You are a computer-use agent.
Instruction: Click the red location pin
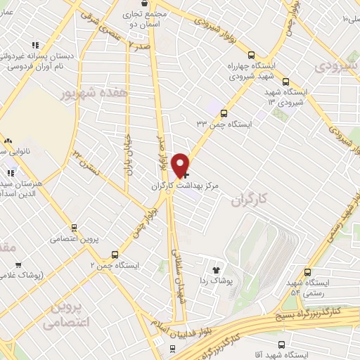click(181, 165)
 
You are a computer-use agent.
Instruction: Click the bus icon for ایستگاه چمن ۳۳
click(224, 112)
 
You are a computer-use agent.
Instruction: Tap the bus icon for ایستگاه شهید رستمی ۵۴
click(307, 273)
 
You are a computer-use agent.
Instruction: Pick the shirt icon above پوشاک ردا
click(217, 269)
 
